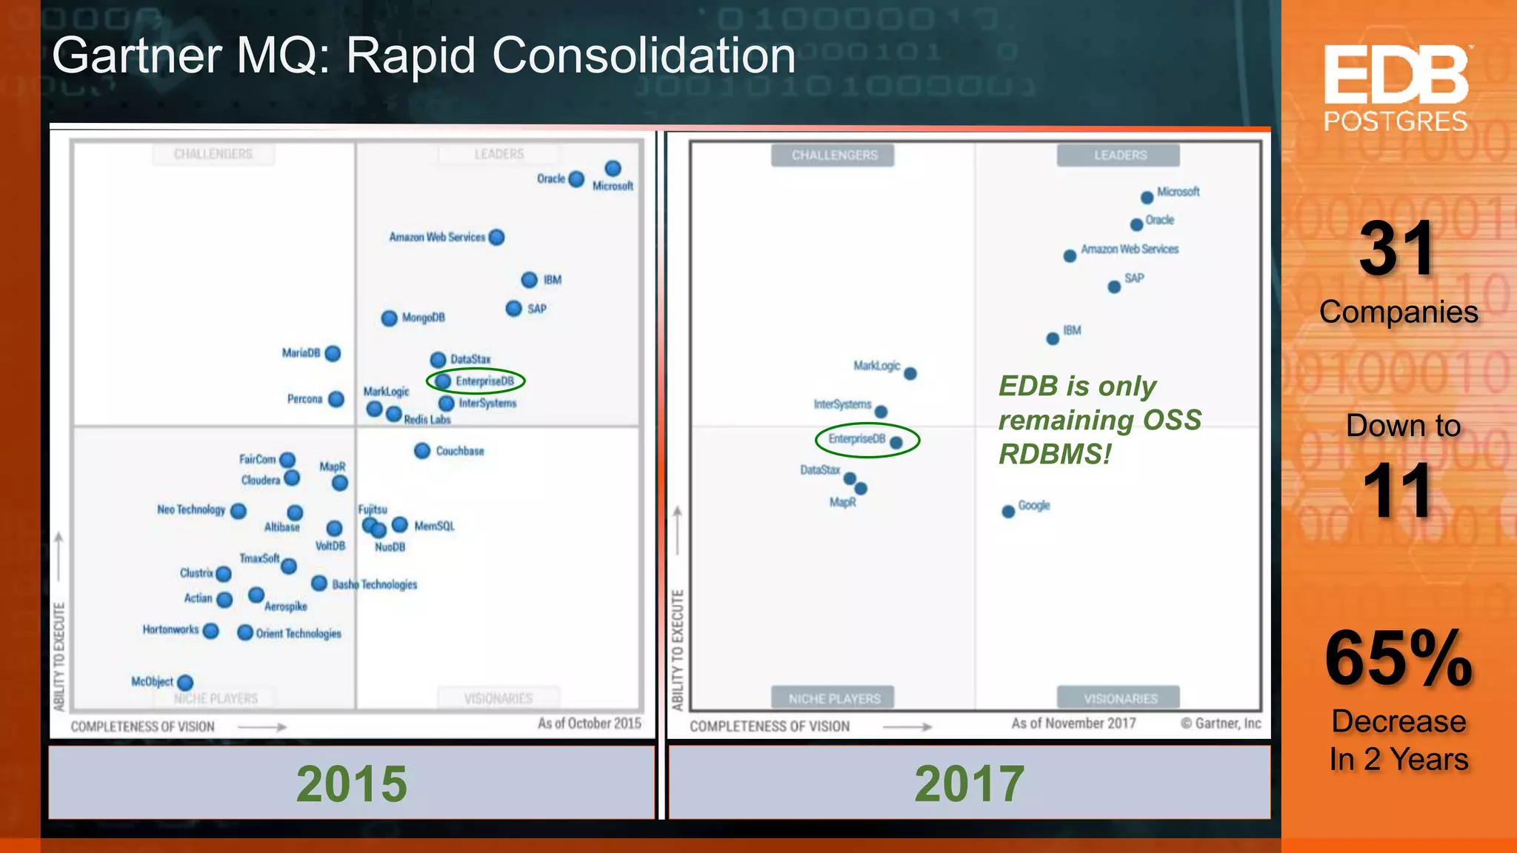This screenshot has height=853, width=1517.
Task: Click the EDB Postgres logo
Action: [1396, 87]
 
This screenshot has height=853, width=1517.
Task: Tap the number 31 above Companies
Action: [1397, 250]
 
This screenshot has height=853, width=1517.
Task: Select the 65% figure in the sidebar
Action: [1398, 658]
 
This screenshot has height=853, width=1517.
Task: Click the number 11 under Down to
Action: [1397, 491]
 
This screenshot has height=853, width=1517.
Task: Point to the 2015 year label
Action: [351, 783]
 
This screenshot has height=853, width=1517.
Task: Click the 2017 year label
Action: [969, 783]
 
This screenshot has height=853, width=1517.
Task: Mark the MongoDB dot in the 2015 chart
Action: [389, 318]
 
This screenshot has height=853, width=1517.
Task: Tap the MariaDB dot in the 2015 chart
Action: [333, 354]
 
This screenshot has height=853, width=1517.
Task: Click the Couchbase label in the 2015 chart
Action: [459, 451]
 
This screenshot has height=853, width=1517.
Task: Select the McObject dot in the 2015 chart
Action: [185, 683]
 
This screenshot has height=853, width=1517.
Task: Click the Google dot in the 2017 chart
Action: [1008, 512]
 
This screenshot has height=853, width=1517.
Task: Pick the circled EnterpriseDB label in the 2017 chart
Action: [856, 439]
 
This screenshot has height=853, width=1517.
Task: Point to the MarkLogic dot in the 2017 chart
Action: [910, 374]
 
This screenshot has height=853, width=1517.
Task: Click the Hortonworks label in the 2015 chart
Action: [170, 629]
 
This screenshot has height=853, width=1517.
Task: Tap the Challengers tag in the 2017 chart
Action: [833, 155]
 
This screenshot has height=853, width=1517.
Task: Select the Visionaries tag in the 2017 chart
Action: [1119, 698]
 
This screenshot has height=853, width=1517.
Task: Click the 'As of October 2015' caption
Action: [589, 723]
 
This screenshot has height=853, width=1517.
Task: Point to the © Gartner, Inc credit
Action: [1220, 723]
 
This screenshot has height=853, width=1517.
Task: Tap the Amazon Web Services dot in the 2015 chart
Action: [497, 238]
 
